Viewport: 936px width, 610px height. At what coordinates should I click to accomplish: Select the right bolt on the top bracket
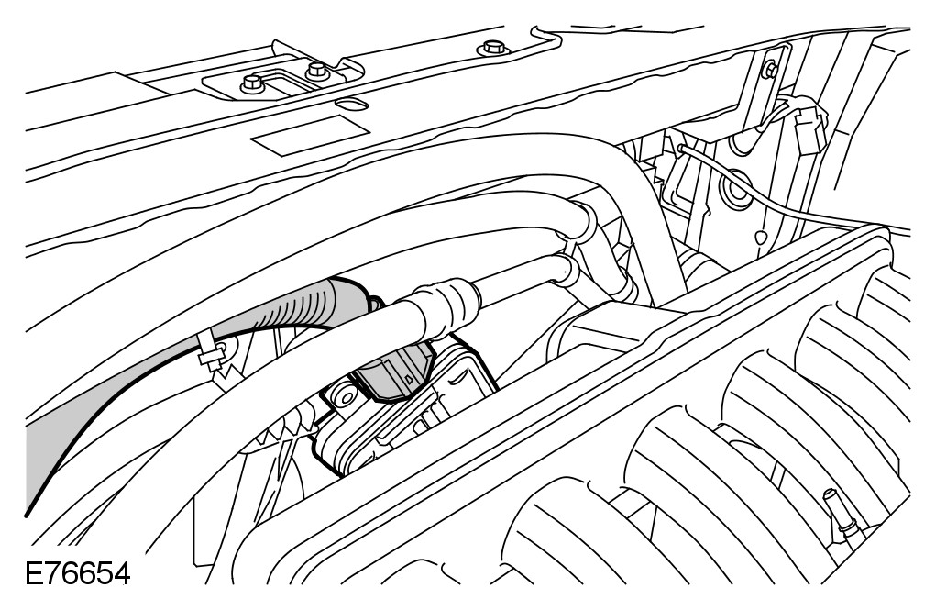pyautogui.click(x=316, y=69)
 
